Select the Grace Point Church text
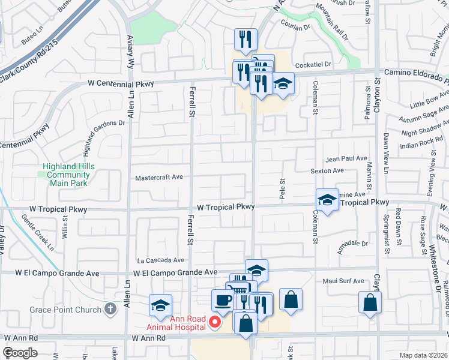pos(65,310)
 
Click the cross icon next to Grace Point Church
pos(110,310)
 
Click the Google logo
pos(20,352)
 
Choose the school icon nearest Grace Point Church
pos(160,305)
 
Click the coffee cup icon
pos(223,300)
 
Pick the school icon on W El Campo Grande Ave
pos(256,271)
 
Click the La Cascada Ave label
pos(161,260)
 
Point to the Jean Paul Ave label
pos(346,158)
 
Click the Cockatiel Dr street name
pos(312,64)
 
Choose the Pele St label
pos(281,188)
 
